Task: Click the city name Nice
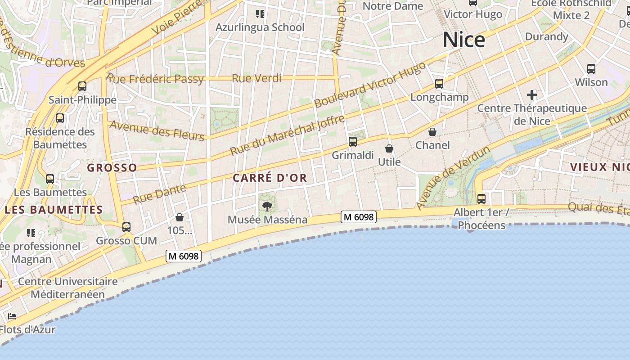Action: click(x=464, y=40)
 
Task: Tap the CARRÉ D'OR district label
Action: click(x=270, y=178)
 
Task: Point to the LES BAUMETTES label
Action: click(x=54, y=210)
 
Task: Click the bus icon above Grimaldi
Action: click(x=353, y=142)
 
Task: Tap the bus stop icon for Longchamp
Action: click(x=439, y=83)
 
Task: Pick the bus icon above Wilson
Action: click(x=591, y=69)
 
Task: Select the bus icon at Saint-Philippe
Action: click(x=82, y=86)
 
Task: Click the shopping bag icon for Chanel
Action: click(x=432, y=132)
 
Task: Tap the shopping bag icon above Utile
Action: click(x=389, y=148)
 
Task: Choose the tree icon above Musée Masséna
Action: click(x=267, y=207)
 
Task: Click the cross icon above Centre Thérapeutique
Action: click(x=532, y=95)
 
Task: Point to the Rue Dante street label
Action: click(x=160, y=194)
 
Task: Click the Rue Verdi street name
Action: click(x=256, y=78)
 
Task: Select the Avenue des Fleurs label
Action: click(x=157, y=130)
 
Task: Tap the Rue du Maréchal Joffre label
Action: click(x=288, y=135)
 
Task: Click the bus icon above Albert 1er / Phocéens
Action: click(x=481, y=198)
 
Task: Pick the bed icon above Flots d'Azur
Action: click(x=12, y=316)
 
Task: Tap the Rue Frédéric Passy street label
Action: click(x=156, y=79)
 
